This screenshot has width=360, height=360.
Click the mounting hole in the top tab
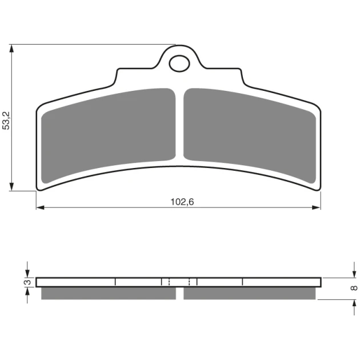point(179,63)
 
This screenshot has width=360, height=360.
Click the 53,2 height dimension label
point(6,121)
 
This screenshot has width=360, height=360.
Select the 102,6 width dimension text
point(182,202)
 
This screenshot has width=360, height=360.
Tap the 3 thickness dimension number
point(28,282)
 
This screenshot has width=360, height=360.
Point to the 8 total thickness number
point(354,288)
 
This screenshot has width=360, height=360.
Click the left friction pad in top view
point(109,135)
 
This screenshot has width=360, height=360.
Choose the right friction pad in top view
point(250,135)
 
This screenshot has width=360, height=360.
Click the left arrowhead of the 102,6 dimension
point(40,207)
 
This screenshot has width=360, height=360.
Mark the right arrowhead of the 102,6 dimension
point(317,207)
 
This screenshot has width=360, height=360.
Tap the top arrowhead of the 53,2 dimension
point(11,49)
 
